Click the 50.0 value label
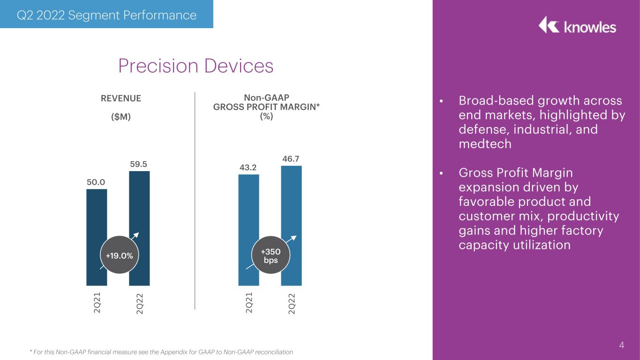(x=96, y=182)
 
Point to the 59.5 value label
(x=139, y=164)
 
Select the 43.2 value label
(x=248, y=167)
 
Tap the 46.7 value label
(x=291, y=159)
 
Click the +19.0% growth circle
(x=120, y=255)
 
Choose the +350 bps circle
(x=271, y=255)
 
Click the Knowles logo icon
(x=549, y=24)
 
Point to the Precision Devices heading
(x=196, y=66)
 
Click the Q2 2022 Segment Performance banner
(x=106, y=14)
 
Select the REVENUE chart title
(x=121, y=98)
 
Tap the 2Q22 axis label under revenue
(x=139, y=304)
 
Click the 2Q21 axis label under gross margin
(x=249, y=302)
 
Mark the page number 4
(x=621, y=345)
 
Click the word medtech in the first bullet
(x=485, y=144)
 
